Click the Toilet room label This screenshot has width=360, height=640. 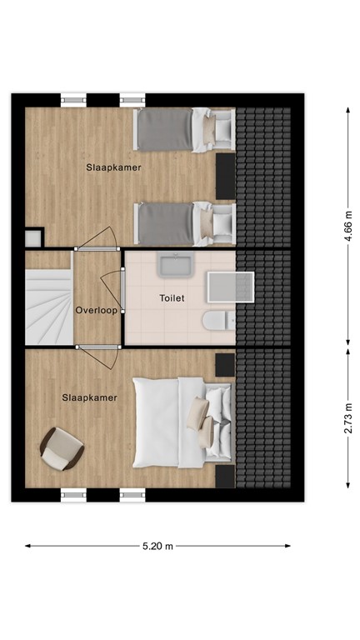(x=172, y=297)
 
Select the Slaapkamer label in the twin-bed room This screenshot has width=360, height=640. (x=113, y=167)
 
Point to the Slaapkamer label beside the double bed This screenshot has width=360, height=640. (x=88, y=397)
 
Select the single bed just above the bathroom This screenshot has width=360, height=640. (x=185, y=222)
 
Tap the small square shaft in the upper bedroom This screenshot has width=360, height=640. (x=32, y=237)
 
